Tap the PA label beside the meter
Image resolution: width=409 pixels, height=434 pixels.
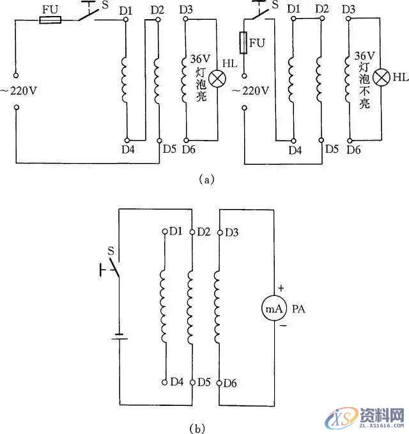[298, 309]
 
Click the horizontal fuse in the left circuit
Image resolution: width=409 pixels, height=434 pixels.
[50, 20]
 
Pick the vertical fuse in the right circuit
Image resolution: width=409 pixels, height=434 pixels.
[243, 45]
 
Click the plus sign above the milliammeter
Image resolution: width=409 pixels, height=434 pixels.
[280, 288]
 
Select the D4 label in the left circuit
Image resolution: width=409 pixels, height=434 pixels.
[126, 150]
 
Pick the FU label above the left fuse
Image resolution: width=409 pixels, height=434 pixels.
[50, 9]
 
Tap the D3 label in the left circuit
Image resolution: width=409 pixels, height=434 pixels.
[187, 9]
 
